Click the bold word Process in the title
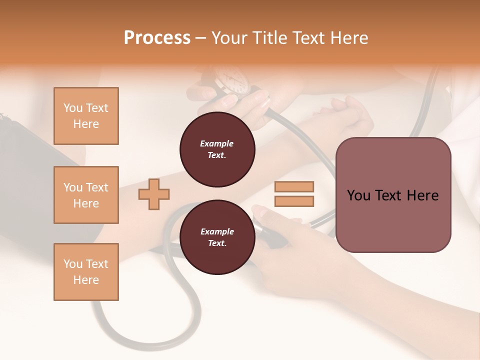[x=157, y=38]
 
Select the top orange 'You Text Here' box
[x=86, y=116]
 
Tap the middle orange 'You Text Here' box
[x=86, y=195]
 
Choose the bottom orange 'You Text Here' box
[x=86, y=272]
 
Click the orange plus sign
[x=154, y=194]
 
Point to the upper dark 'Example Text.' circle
[x=217, y=149]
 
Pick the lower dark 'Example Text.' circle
[x=217, y=237]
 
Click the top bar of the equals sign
[x=294, y=186]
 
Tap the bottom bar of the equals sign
[x=294, y=201]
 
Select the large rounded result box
[x=393, y=195]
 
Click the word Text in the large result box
[x=393, y=195]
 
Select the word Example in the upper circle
[x=217, y=143]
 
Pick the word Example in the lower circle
[x=217, y=231]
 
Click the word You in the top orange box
[x=72, y=108]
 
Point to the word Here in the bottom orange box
[x=86, y=280]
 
